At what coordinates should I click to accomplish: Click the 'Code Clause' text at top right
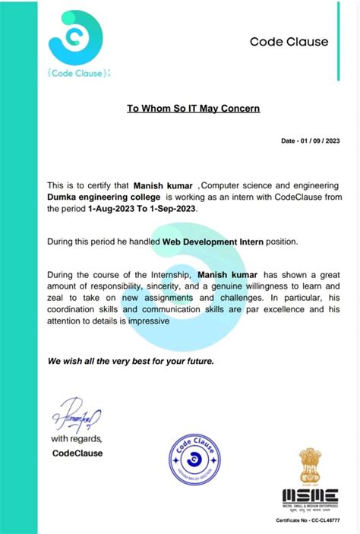289,42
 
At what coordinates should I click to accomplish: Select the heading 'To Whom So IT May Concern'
193,109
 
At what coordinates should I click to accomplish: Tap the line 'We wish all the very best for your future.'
131,361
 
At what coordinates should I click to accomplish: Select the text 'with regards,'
76,439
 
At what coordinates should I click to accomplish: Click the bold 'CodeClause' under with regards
77,453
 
